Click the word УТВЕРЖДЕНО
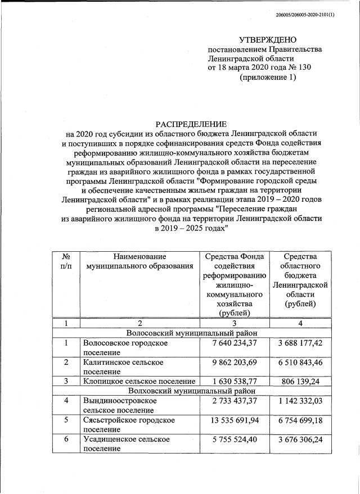[x=267, y=39]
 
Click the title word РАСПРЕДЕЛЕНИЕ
[x=191, y=124]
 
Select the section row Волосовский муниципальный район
[x=191, y=333]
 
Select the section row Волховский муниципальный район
[x=191, y=389]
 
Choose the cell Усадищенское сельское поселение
[x=125, y=443]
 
